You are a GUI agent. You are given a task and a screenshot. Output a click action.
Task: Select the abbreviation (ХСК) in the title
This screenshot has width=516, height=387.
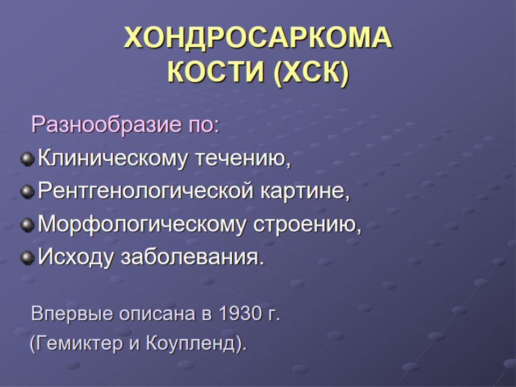(x=311, y=73)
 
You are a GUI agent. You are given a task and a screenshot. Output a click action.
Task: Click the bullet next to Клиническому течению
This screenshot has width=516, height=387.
(x=27, y=159)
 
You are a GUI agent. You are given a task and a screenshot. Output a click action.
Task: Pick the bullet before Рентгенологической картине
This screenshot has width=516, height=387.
(x=27, y=191)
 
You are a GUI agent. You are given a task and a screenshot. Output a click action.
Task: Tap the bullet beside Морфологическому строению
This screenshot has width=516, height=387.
(x=27, y=225)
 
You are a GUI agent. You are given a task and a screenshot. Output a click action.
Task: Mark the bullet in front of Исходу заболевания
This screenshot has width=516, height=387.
(x=27, y=257)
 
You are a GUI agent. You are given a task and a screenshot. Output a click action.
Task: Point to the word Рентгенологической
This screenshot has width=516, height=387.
(x=146, y=191)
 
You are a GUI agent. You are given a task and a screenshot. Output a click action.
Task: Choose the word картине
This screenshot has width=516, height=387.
(x=305, y=191)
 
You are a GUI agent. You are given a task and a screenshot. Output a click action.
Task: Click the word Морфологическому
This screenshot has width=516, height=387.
(x=142, y=225)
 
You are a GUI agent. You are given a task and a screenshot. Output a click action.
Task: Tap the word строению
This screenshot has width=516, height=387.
(x=307, y=225)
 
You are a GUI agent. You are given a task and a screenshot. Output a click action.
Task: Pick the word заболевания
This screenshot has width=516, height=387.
(x=193, y=257)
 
